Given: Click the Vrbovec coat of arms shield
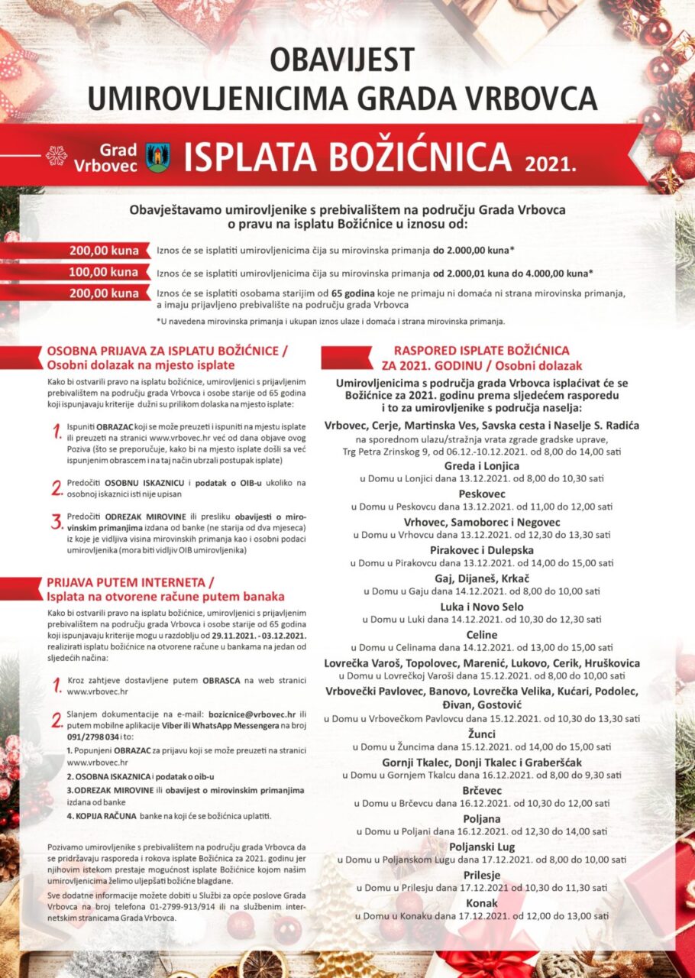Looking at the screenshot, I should pos(158,156).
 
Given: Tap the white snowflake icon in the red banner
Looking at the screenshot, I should pos(57,156).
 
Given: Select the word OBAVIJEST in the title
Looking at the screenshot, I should pos(342,60).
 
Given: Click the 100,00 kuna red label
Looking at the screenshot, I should pos(104,272).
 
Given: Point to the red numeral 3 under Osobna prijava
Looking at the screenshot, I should pos(56,522).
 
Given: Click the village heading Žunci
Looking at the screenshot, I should pos(482,733).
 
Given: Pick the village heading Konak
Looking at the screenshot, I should pos(482,903).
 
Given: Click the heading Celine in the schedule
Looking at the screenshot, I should pos(482,635).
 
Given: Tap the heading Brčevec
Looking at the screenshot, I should pos(482,790).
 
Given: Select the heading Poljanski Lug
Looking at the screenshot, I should pos(482,847).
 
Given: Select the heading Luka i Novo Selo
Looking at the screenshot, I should pos(482,607).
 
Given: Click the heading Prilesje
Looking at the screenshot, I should pos(482,875).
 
